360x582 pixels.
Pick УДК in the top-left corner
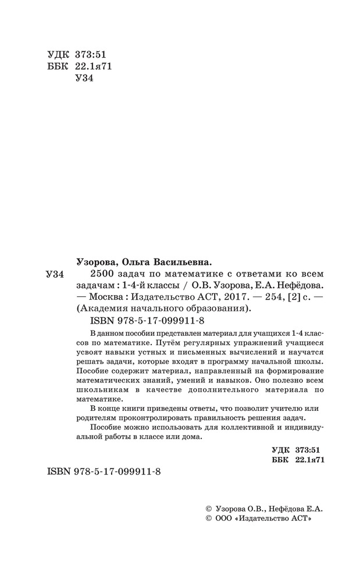pyautogui.click(x=56, y=55)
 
